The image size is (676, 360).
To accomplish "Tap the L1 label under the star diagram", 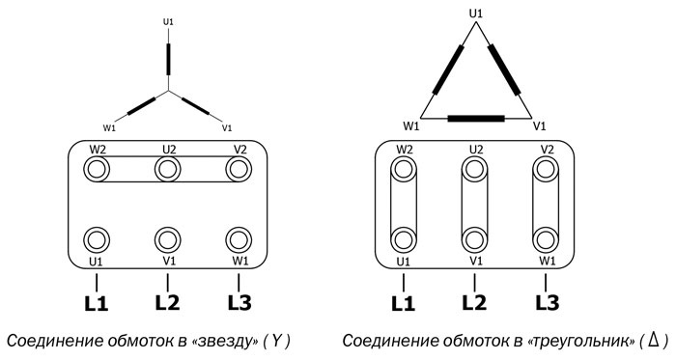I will pyautogui.click(x=97, y=303).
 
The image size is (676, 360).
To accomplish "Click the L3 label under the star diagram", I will pyautogui.click(x=239, y=303).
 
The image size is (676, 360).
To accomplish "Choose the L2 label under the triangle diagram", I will pyautogui.click(x=474, y=303).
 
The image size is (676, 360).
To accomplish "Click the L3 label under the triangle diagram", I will pyautogui.click(x=546, y=303).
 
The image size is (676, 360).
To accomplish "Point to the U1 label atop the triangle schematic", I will pyautogui.click(x=474, y=13).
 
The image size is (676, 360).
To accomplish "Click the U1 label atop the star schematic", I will pyautogui.click(x=168, y=21).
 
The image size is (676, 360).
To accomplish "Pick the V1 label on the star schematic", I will pyautogui.click(x=227, y=126).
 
